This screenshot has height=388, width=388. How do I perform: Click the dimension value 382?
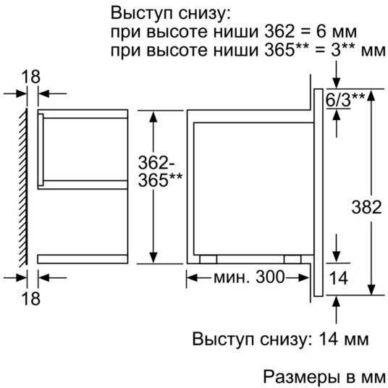pos(366,207)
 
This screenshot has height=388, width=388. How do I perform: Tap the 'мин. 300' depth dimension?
pos(249,277)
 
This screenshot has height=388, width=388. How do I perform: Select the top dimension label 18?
pos(30,77)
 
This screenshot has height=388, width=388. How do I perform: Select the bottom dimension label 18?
pos(30,298)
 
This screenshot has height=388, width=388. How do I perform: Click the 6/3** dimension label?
pos(345,100)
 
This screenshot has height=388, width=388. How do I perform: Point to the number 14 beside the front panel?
pos(339,278)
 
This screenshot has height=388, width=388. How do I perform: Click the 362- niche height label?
pos(156,162)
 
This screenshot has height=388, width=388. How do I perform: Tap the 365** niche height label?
pos(160,180)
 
